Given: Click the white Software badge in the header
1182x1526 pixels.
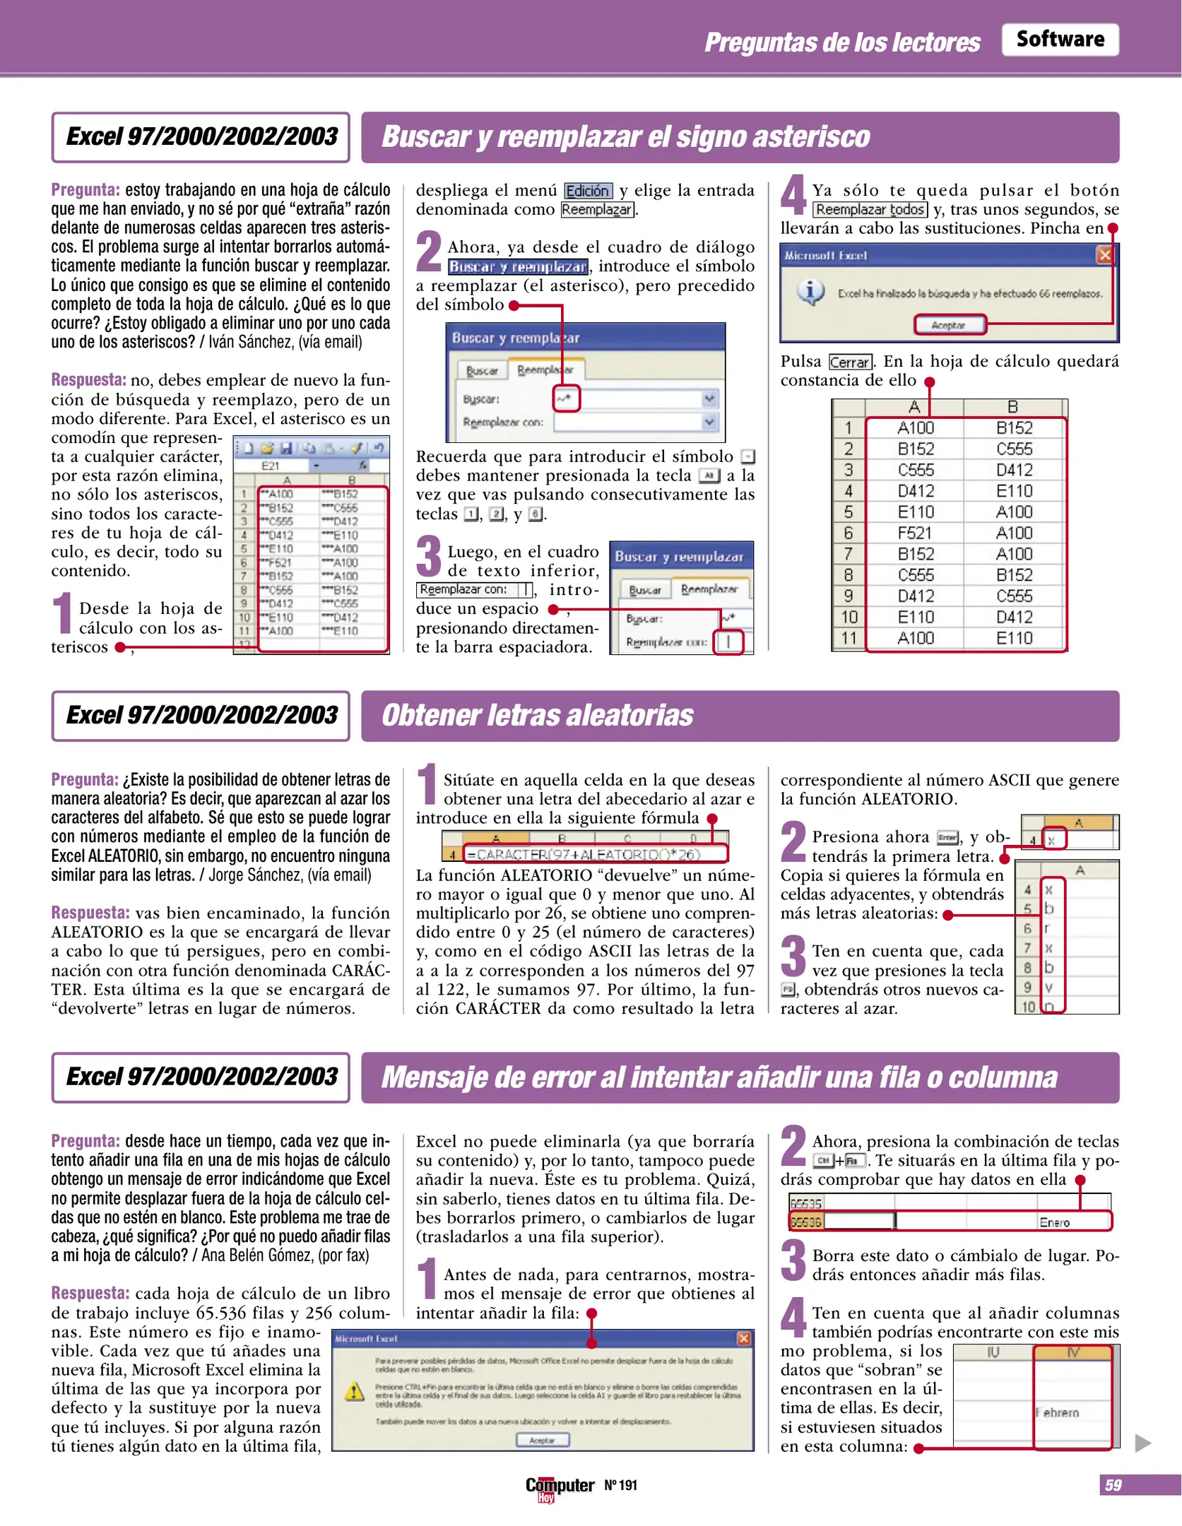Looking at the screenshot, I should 1059,40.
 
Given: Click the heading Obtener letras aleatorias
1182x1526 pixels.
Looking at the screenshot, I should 537,715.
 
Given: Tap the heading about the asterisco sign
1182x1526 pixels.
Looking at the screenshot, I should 625,137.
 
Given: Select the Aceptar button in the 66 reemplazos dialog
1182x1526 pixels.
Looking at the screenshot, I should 949,325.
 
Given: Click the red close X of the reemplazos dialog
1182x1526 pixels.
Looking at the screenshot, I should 1104,255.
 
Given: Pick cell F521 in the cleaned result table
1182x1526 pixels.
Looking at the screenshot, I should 915,533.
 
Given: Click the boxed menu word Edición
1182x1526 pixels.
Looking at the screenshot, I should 588,191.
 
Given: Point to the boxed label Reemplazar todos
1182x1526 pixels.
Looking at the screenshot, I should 870,210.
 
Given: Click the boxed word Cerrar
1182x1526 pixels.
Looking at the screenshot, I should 850,362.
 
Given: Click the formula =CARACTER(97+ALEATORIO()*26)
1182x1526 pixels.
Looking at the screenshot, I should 583,854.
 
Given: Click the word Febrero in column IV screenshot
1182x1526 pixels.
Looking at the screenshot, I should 1058,1412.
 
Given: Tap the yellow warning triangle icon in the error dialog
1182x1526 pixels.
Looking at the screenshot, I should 354,1392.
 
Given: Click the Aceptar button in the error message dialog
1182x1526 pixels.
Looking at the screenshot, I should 542,1440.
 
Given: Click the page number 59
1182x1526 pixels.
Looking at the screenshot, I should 1113,1485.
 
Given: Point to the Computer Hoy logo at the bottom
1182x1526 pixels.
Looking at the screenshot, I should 559,1487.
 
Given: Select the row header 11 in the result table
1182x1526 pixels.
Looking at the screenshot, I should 848,638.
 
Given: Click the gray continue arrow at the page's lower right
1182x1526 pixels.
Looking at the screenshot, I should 1142,1443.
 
